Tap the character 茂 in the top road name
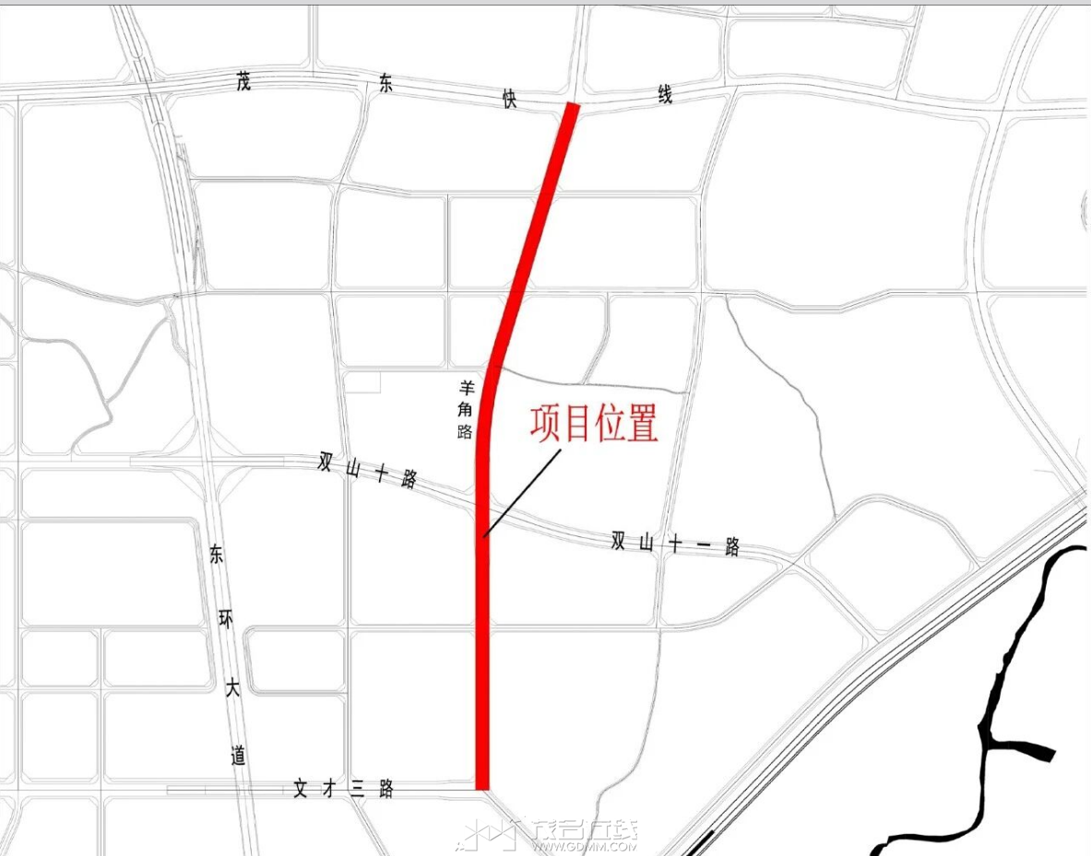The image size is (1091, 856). pyautogui.click(x=243, y=82)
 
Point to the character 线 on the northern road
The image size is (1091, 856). pyautogui.click(x=664, y=94)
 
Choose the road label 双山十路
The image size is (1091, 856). pyautogui.click(x=367, y=470)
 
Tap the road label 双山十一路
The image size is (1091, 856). pyautogui.click(x=675, y=545)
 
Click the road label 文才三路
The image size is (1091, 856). pyautogui.click(x=343, y=789)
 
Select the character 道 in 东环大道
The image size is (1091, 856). pyautogui.click(x=239, y=756)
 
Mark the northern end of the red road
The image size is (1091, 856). pyautogui.click(x=572, y=108)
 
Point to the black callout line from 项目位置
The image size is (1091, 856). pyautogui.click(x=522, y=491)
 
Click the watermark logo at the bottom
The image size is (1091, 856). pyautogui.click(x=553, y=835)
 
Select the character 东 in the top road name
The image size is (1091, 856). pyautogui.click(x=385, y=86)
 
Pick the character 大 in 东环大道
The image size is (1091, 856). pyautogui.click(x=231, y=686)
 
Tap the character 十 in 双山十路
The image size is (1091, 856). pyautogui.click(x=382, y=473)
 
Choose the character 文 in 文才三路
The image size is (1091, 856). pyautogui.click(x=301, y=789)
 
